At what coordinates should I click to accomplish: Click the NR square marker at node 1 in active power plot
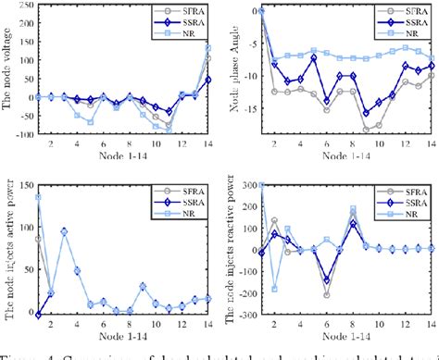pos(37,196)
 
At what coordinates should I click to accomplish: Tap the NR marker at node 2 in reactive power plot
pos(274,288)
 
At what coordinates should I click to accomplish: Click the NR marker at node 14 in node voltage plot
pos(207,47)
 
